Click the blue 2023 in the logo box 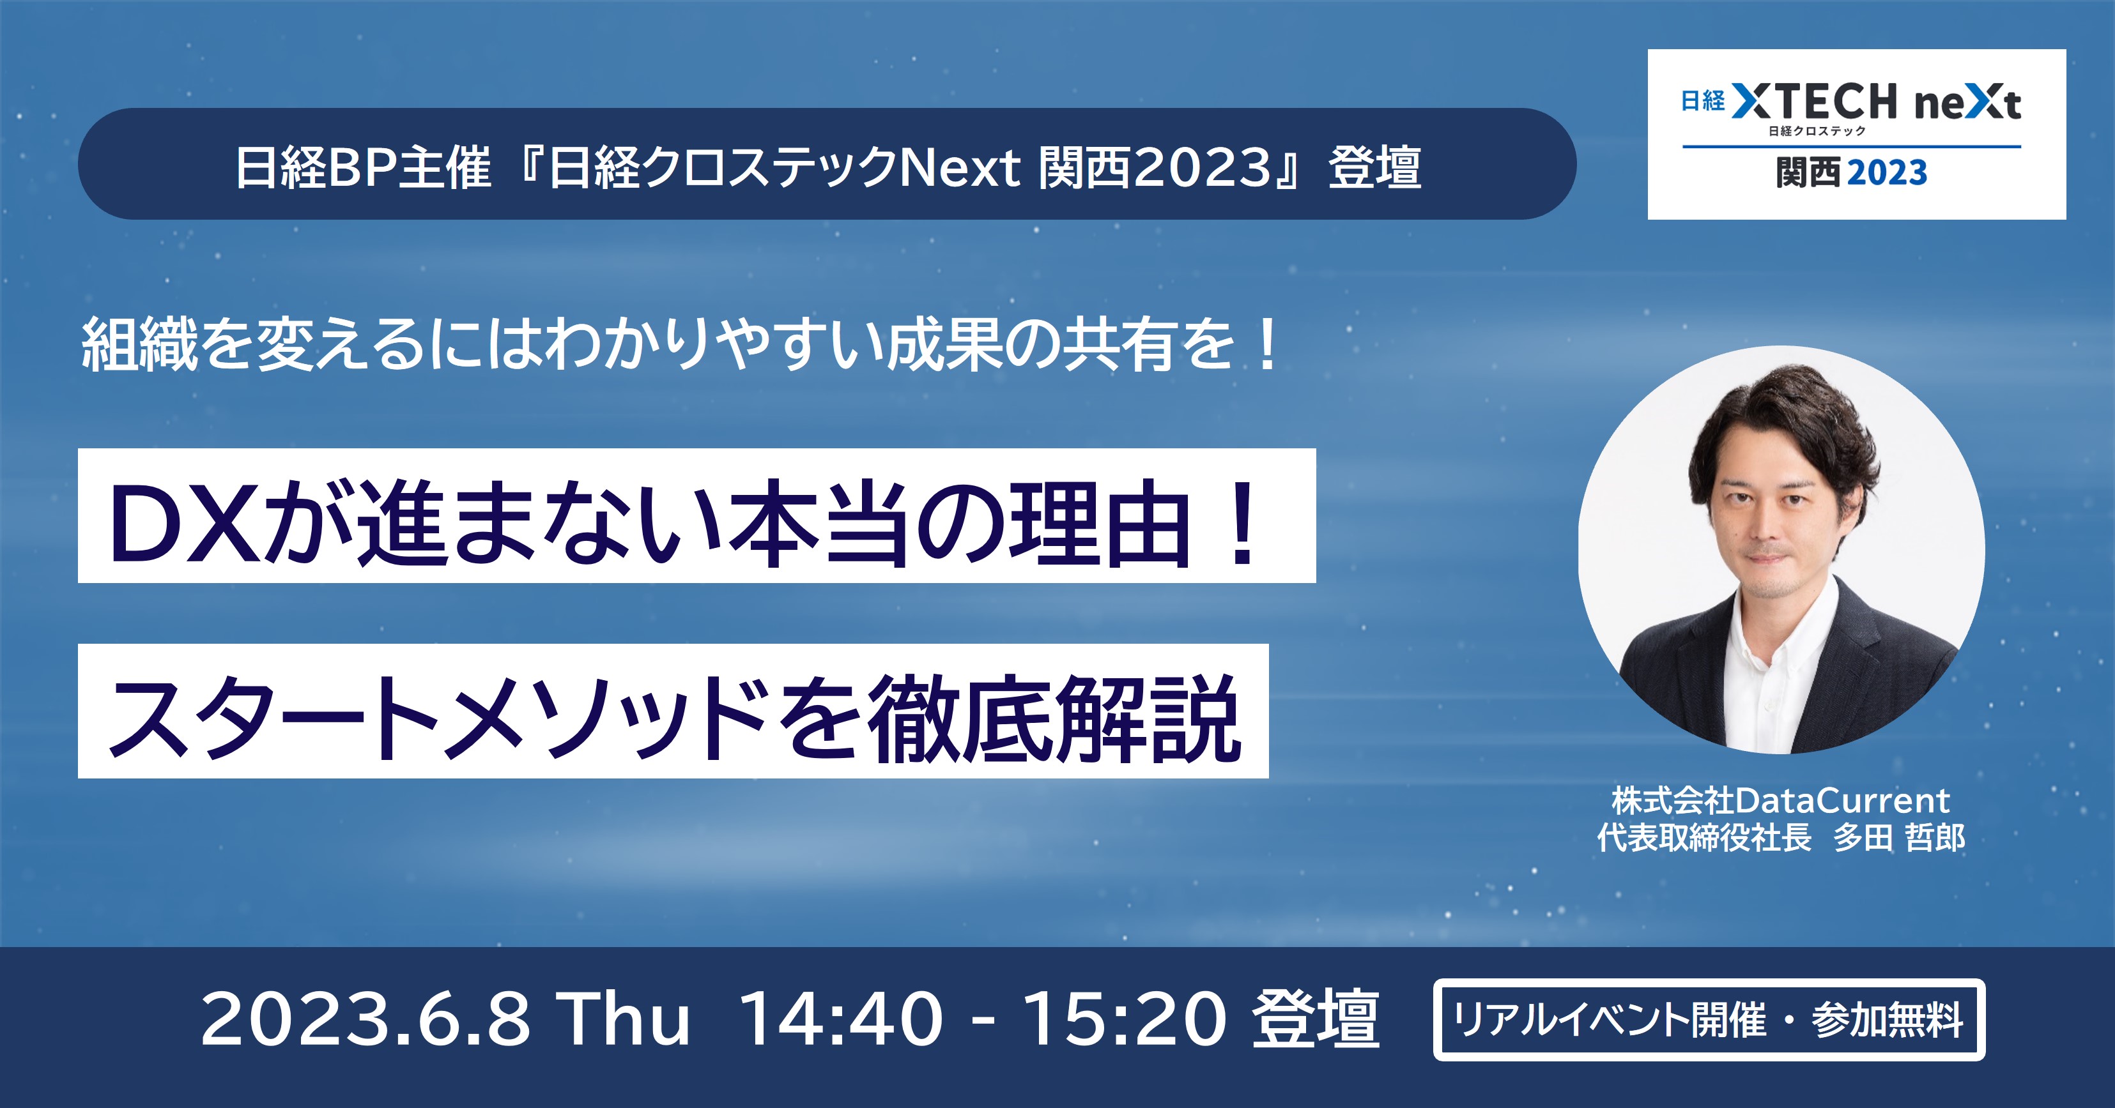pos(1887,172)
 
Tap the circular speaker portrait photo pos(1781,549)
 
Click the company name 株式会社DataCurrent pos(1780,800)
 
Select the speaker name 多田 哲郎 pos(1899,837)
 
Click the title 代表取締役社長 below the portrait pos(1704,837)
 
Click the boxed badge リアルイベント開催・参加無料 pos(1709,1019)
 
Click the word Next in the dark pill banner pos(960,167)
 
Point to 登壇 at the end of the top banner pos(1374,167)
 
